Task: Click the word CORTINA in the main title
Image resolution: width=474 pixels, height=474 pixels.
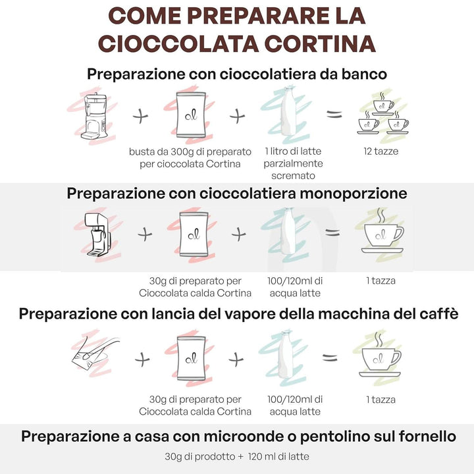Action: [320, 44]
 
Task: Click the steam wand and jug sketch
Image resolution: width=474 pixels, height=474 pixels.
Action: [94, 353]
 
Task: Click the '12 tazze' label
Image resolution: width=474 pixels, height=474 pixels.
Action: [381, 151]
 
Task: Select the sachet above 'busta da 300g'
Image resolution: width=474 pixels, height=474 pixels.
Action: [191, 115]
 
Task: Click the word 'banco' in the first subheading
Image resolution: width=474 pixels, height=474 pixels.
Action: [364, 74]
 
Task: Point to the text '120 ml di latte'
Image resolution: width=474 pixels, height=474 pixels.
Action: [278, 456]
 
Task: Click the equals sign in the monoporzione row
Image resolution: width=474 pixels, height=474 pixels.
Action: [332, 233]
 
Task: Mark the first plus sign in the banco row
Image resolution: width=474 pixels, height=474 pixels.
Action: [141, 116]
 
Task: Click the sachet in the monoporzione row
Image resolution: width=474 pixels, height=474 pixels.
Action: [194, 234]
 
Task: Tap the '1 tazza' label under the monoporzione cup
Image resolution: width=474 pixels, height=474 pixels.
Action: [381, 280]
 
